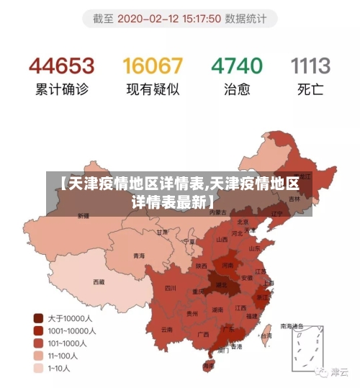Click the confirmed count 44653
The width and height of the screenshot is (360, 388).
pyautogui.click(x=61, y=66)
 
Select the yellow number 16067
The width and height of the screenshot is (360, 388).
pyautogui.click(x=153, y=66)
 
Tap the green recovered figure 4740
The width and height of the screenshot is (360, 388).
pyautogui.click(x=236, y=66)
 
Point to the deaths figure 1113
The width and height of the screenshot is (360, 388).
pyautogui.click(x=310, y=66)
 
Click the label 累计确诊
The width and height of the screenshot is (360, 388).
pyautogui.click(x=61, y=91)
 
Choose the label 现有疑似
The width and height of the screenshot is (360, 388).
pyautogui.click(x=153, y=91)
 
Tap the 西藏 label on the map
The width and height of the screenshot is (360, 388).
pyautogui.click(x=99, y=281)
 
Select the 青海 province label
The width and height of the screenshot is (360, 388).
pyautogui.click(x=138, y=256)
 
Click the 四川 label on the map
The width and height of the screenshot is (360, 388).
pyautogui.click(x=171, y=287)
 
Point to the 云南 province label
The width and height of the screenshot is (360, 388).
pyautogui.click(x=167, y=329)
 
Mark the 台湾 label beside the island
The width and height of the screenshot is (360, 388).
pyautogui.click(x=266, y=335)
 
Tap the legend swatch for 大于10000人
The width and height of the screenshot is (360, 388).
pyautogui.click(x=37, y=317)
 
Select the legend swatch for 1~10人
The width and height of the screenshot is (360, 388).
pyautogui.click(x=37, y=369)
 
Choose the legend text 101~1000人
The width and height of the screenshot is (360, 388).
pyautogui.click(x=67, y=343)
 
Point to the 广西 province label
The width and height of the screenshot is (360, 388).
pyautogui.click(x=204, y=335)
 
